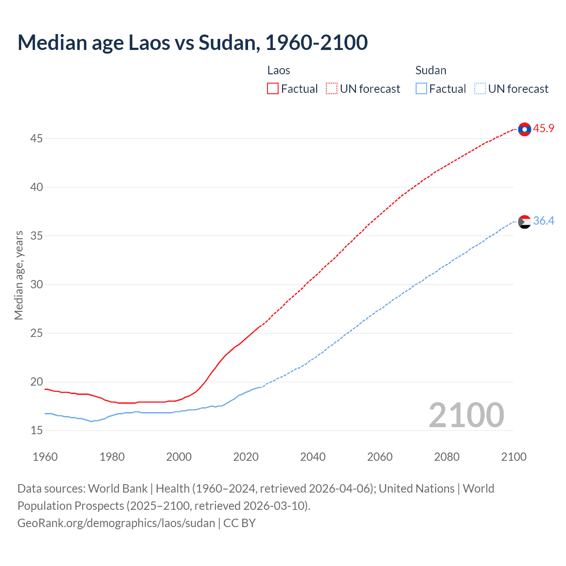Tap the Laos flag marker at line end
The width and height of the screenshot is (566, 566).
[524, 129]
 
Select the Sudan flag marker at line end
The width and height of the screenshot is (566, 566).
[524, 222]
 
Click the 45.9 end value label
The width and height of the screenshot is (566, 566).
[543, 128]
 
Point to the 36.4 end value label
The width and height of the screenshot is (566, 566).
[543, 221]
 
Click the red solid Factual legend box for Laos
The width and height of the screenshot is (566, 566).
[273, 88]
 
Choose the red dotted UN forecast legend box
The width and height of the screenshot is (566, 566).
[332, 88]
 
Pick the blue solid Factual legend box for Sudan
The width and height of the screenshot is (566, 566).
[421, 88]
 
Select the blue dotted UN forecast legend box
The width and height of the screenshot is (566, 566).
[480, 88]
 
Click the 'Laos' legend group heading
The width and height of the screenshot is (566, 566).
[279, 70]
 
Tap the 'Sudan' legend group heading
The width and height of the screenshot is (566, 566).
[431, 70]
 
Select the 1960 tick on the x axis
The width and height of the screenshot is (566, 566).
[45, 457]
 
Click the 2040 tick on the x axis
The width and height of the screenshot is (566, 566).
[313, 457]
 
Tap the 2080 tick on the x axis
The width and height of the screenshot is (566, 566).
[447, 457]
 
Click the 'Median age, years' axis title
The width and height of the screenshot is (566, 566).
[19, 275]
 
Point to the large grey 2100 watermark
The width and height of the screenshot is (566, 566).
[466, 415]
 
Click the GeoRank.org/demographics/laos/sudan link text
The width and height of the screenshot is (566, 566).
[116, 523]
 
